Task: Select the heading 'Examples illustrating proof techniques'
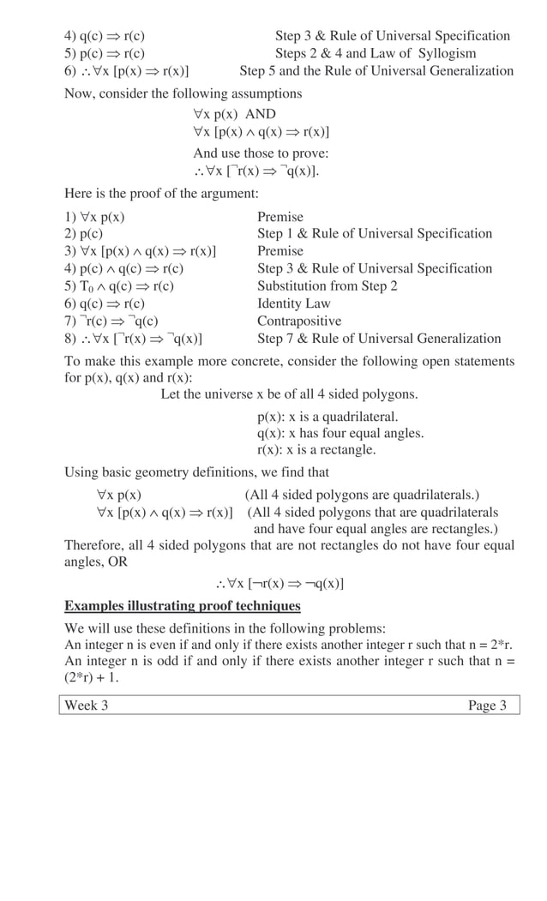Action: pyautogui.click(x=183, y=606)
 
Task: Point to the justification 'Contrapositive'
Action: pyautogui.click(x=299, y=321)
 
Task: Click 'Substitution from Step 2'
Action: pyautogui.click(x=328, y=285)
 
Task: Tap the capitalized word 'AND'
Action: pyautogui.click(x=261, y=114)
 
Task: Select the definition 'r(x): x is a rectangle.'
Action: pyautogui.click(x=316, y=449)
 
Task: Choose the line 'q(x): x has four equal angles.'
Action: pyautogui.click(x=340, y=433)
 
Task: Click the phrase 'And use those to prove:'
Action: pyautogui.click(x=261, y=153)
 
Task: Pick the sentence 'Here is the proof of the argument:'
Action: pyautogui.click(x=161, y=193)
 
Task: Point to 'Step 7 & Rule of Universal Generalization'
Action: pyautogui.click(x=379, y=338)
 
